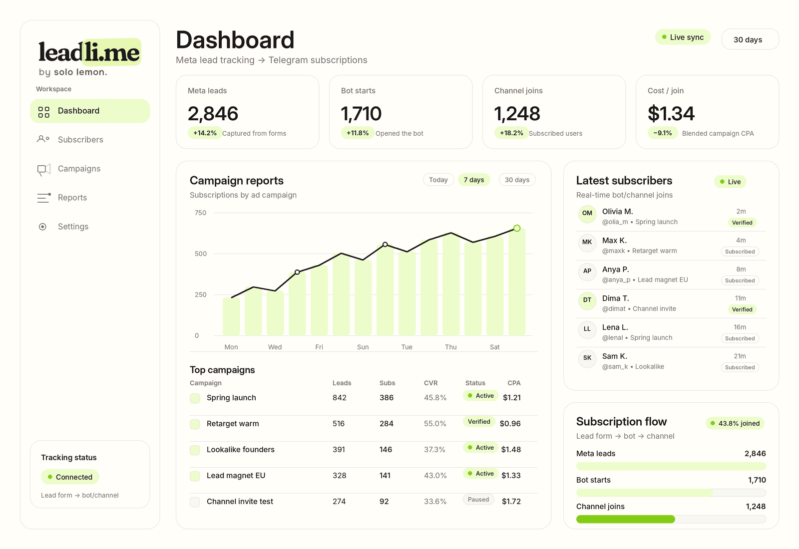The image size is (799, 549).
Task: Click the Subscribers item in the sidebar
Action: pyautogui.click(x=80, y=139)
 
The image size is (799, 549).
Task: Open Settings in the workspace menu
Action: pyautogui.click(x=73, y=227)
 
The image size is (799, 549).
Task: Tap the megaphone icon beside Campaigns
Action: pyautogui.click(x=43, y=169)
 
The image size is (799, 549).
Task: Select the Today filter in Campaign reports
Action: pyautogui.click(x=438, y=180)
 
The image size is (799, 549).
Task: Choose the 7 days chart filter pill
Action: pyautogui.click(x=474, y=180)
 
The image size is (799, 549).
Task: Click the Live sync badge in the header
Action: pyautogui.click(x=683, y=37)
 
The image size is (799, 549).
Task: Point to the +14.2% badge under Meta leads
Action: pyautogui.click(x=205, y=133)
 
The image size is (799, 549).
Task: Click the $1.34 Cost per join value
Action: pyautogui.click(x=671, y=113)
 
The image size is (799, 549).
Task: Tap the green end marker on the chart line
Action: pyautogui.click(x=517, y=228)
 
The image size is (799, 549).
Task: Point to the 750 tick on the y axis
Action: pyautogui.click(x=200, y=213)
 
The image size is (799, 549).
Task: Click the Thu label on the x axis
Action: pyautogui.click(x=450, y=347)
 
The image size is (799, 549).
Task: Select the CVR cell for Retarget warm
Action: pyautogui.click(x=435, y=424)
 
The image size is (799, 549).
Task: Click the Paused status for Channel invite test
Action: pyautogui.click(x=478, y=500)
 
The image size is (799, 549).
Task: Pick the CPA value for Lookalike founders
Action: pyautogui.click(x=511, y=450)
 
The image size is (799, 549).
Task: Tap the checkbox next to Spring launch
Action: pyautogui.click(x=195, y=398)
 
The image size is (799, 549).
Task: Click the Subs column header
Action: pyautogui.click(x=387, y=383)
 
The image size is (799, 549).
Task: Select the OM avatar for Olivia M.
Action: pyautogui.click(x=587, y=214)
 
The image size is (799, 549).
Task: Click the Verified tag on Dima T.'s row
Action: pyautogui.click(x=742, y=309)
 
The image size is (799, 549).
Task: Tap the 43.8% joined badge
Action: pyautogui.click(x=735, y=423)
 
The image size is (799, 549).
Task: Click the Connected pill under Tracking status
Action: pyautogui.click(x=70, y=477)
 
